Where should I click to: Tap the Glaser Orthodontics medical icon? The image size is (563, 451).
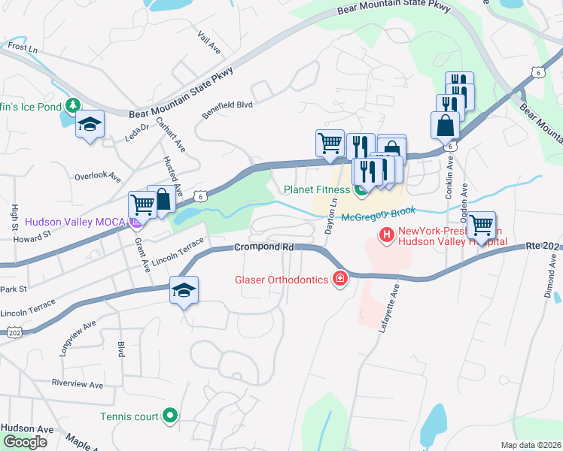[340, 280]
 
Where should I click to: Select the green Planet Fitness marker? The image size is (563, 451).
[361, 190]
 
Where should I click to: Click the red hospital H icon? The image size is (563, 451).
[387, 236]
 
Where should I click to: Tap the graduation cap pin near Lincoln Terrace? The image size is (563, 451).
[183, 290]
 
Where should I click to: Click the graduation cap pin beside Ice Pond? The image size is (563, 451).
[90, 124]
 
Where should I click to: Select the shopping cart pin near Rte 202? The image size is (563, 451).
[481, 225]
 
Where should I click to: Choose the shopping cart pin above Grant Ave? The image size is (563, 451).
[142, 204]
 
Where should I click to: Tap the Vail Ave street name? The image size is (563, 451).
[208, 43]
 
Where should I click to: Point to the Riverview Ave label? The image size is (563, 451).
[78, 383]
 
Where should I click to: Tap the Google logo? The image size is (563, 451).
[24, 442]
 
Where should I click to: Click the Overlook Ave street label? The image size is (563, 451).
[98, 177]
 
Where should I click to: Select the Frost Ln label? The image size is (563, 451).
[23, 47]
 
